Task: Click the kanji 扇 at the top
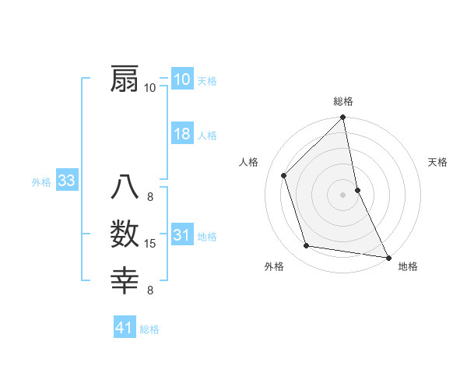[125, 79]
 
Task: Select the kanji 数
[125, 234]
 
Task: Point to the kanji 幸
[125, 280]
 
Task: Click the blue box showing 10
[182, 79]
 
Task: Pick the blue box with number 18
[182, 134]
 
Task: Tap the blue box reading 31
[182, 235]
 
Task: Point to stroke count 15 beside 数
[150, 244]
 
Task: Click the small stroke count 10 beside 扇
[150, 87]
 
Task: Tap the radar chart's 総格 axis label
[343, 101]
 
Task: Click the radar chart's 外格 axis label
[274, 266]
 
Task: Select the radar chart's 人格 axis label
[248, 162]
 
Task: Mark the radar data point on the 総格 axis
[343, 118]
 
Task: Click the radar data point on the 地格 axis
[388, 257]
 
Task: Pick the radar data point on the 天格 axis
[357, 189]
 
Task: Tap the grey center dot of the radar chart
[343, 194]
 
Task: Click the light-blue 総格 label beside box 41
[149, 329]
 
